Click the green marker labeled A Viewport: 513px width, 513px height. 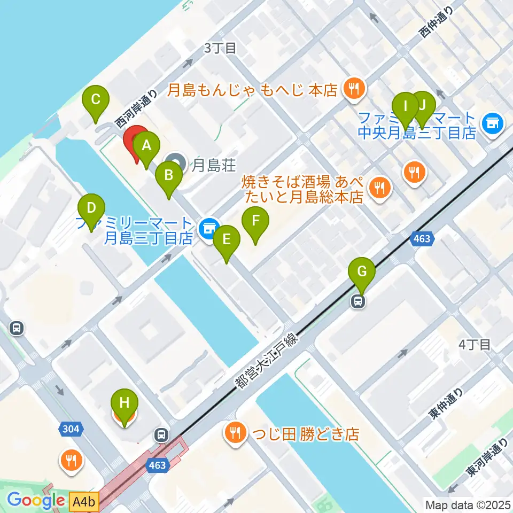coord(146,146)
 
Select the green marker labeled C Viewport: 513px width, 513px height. coord(96,100)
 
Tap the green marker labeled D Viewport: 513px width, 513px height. coord(91,208)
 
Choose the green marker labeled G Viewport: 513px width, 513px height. coord(362,273)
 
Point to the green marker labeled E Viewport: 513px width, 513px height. coord(226,240)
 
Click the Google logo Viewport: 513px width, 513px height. coord(36,501)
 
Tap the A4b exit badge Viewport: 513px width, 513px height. coord(84,501)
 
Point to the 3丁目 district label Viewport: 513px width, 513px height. coord(220,48)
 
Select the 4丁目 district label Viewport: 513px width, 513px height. coord(475,345)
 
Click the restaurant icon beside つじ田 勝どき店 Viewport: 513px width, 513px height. coord(235,431)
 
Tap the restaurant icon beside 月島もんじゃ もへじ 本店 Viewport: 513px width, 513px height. coord(353,88)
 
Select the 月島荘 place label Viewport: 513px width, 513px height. coord(214,166)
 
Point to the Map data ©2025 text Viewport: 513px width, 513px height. coord(467,504)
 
